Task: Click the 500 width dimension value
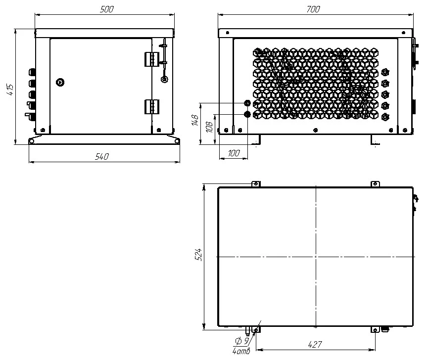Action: [107, 9]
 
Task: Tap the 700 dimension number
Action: [313, 9]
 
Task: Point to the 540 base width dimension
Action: [102, 157]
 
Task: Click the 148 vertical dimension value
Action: [195, 120]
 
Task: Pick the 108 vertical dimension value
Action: [209, 128]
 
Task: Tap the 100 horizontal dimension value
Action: [234, 153]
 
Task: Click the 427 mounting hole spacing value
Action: [315, 345]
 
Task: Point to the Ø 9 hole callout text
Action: [242, 341]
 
